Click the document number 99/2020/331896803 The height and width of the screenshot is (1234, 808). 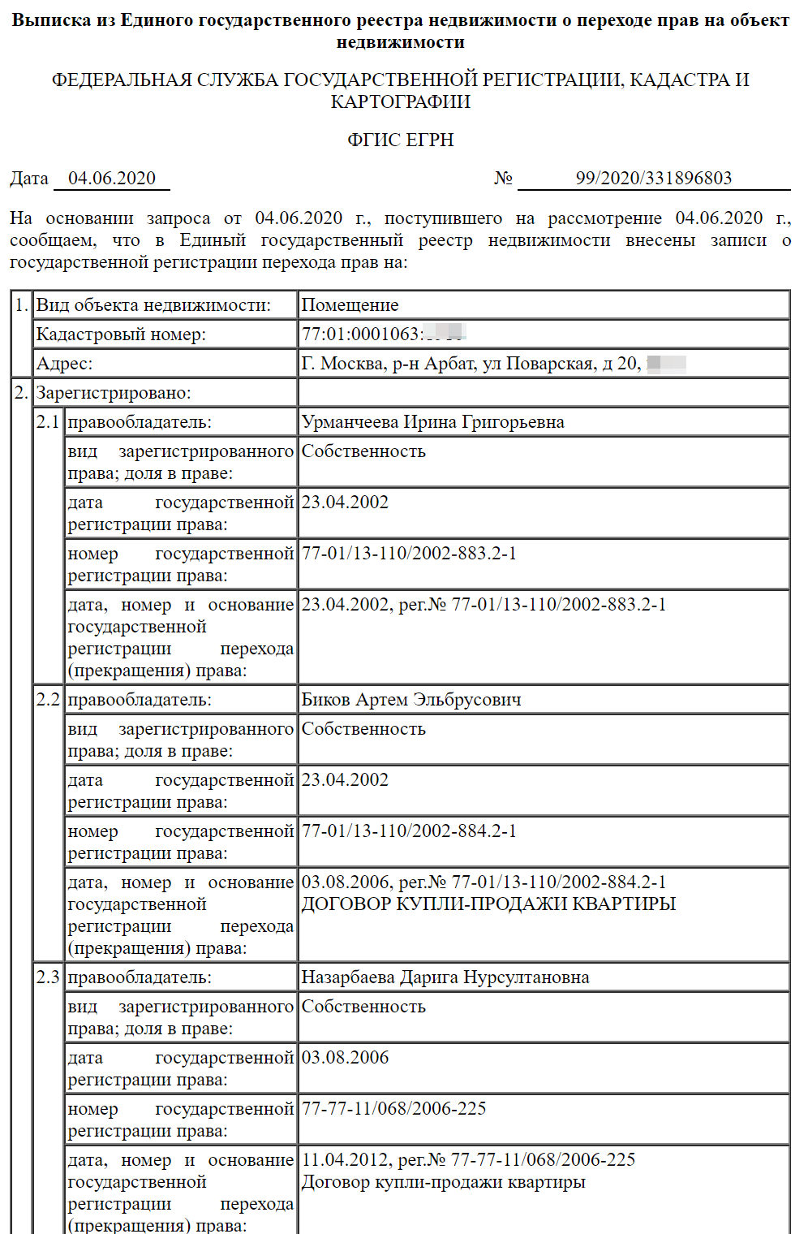(x=653, y=179)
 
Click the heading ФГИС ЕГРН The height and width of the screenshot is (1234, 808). (x=401, y=140)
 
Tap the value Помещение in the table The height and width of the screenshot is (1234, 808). (x=350, y=305)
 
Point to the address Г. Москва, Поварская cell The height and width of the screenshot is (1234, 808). (x=471, y=364)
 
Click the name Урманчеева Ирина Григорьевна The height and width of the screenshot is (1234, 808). (x=432, y=422)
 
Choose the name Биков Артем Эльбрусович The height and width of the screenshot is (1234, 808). (x=411, y=700)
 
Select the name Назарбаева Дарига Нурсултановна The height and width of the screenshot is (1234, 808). (x=445, y=977)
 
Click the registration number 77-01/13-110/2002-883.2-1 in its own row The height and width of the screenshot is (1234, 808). (x=409, y=554)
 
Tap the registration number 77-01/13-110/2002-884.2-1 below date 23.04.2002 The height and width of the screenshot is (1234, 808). (x=409, y=831)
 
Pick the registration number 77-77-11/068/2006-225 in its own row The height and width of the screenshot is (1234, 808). (x=393, y=1109)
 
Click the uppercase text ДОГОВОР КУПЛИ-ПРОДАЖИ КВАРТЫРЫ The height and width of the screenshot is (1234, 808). (x=488, y=904)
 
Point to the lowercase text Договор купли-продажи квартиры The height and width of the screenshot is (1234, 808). (x=443, y=1182)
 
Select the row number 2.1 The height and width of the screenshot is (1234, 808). (x=48, y=422)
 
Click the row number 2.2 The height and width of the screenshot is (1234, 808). (x=48, y=700)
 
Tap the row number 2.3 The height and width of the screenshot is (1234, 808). (x=48, y=977)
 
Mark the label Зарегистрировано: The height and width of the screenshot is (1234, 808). (x=113, y=393)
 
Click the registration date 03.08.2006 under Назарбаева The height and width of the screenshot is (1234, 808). (x=345, y=1058)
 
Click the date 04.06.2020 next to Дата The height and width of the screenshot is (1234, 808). (x=112, y=179)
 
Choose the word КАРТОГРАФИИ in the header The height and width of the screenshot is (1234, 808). (x=401, y=102)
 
